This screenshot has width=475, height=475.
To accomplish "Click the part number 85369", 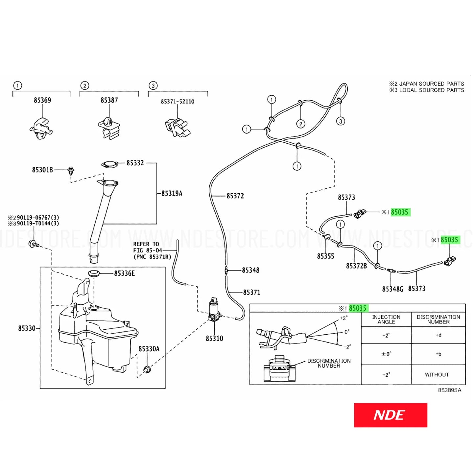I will (x=42, y=100).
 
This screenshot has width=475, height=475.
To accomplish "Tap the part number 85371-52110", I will (x=178, y=102).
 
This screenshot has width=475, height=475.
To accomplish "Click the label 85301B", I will (x=42, y=170).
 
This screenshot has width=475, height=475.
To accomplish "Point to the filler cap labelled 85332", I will (x=109, y=164).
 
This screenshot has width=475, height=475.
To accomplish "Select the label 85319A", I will (x=172, y=193).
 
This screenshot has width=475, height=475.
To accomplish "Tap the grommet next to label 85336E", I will (x=94, y=273).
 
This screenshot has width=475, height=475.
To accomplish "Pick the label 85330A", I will (x=149, y=349).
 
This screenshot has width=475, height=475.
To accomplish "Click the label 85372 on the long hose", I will (x=235, y=196).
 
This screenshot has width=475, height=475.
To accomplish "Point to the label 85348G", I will (x=392, y=289).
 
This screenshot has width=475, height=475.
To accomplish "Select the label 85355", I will (x=325, y=256).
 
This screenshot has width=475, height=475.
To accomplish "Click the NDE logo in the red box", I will (x=391, y=415).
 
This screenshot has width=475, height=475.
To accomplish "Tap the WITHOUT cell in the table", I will (x=437, y=375).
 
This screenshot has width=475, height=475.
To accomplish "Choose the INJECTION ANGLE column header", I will (x=386, y=320).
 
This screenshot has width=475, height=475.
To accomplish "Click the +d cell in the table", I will (x=439, y=335).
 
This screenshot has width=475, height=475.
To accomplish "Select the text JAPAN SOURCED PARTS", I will (x=431, y=84).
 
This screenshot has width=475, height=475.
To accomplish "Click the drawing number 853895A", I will (x=449, y=390).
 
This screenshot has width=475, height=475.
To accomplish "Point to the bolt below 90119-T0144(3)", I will (x=34, y=244).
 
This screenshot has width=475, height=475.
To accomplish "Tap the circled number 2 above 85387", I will (x=85, y=86).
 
